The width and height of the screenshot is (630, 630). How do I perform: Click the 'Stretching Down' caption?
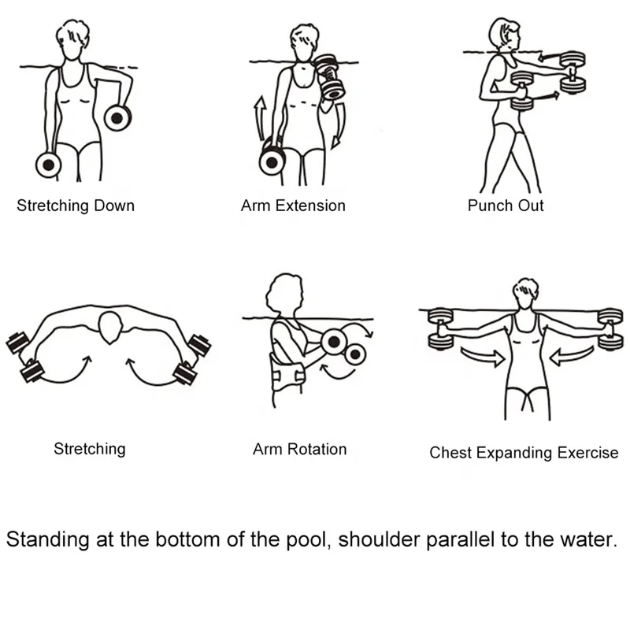click(76, 206)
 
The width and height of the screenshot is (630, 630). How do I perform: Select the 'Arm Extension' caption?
click(293, 206)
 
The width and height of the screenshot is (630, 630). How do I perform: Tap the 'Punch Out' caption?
click(506, 206)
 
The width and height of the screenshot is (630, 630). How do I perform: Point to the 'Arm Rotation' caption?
click(299, 450)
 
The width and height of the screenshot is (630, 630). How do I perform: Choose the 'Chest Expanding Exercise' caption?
click(524, 453)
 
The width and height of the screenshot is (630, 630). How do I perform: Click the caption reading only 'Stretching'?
click(89, 450)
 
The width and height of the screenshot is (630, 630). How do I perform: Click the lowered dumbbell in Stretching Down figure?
click(48, 165)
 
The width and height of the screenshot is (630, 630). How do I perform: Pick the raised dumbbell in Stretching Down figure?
click(117, 118)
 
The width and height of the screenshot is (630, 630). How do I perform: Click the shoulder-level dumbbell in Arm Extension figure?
click(328, 76)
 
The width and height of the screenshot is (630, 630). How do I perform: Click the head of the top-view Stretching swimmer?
click(111, 326)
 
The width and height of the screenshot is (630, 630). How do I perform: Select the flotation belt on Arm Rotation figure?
click(287, 370)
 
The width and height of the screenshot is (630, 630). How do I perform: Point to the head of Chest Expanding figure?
click(524, 292)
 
